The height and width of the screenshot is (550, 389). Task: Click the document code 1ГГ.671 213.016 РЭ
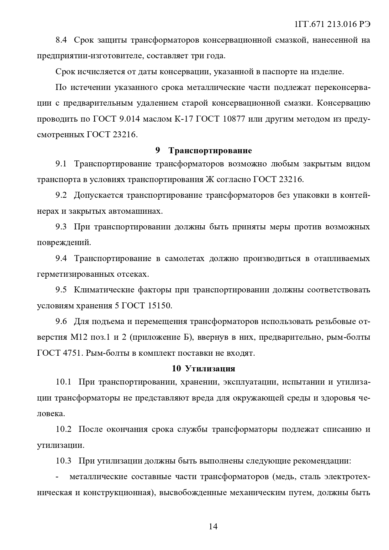point(333,25)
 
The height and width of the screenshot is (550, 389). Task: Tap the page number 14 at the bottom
point(213,526)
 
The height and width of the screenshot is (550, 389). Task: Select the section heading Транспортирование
point(210,151)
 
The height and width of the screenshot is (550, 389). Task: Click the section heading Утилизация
point(210,369)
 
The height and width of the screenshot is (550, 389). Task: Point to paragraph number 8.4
point(61,40)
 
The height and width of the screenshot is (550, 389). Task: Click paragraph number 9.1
point(61,164)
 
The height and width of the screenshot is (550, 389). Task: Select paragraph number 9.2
point(61,195)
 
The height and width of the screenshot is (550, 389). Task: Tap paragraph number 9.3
point(61,227)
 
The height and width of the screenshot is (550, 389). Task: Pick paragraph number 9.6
point(61,322)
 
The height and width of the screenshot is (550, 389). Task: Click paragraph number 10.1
point(64,382)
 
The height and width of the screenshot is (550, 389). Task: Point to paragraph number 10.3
point(64,461)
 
